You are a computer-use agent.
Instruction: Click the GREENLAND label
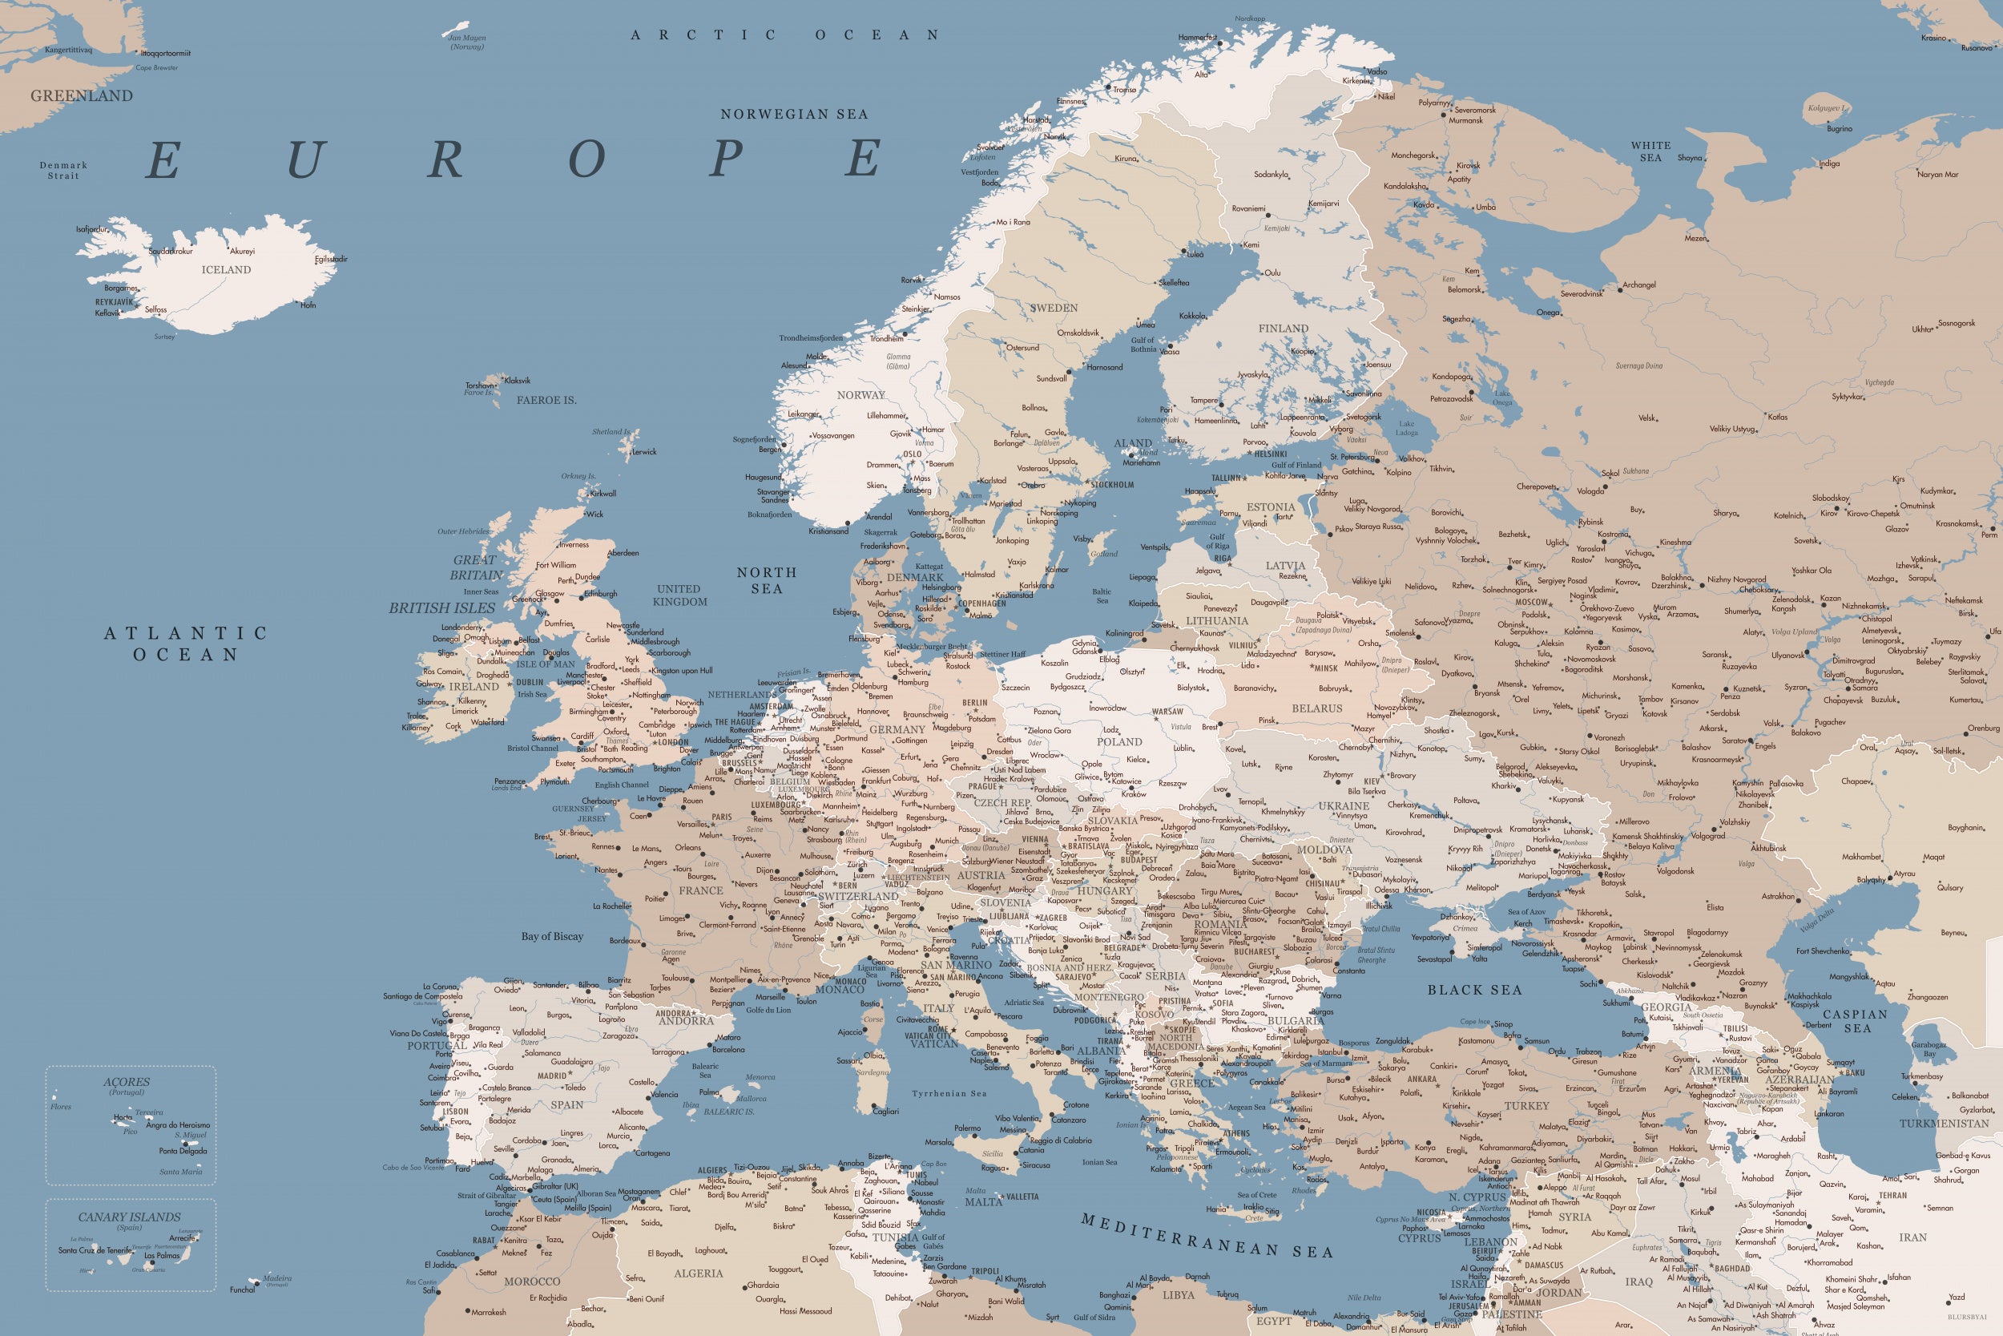[82, 96]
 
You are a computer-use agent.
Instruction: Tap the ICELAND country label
[226, 270]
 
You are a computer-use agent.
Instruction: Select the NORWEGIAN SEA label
[794, 114]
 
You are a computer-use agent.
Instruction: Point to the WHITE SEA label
[1650, 151]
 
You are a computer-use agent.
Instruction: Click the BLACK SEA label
[1474, 990]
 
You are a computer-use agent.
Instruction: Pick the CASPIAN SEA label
[1855, 1021]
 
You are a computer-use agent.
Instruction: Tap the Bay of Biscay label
[552, 936]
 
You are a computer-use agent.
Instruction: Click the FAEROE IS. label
[546, 401]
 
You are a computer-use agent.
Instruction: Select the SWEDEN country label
[1054, 309]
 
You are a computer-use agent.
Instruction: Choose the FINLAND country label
[1283, 329]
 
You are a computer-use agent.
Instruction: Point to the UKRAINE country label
[1344, 806]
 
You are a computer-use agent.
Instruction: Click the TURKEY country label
[1526, 1106]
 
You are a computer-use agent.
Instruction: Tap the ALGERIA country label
[699, 1273]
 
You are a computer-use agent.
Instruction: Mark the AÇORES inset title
[126, 1082]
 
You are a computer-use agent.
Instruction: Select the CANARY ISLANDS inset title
[130, 1217]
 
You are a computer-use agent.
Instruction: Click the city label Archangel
[1638, 285]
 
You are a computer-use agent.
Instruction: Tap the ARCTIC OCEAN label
[784, 35]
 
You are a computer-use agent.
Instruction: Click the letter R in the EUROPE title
[445, 159]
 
